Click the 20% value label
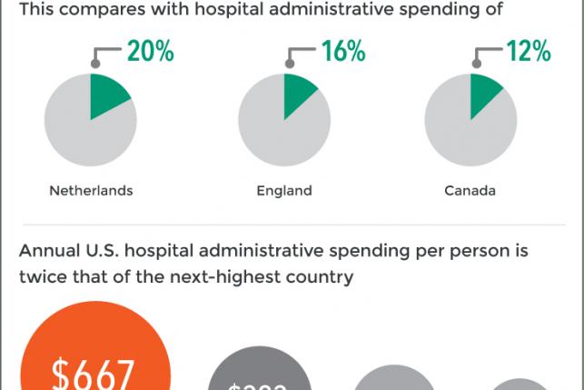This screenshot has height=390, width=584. click(150, 52)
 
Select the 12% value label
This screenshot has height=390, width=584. click(529, 52)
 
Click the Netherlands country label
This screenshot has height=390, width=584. click(91, 191)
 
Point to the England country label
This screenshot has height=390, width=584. click(284, 191)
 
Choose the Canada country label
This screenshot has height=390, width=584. click(470, 191)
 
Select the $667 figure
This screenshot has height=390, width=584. click(94, 374)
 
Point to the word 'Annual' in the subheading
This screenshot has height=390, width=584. click(48, 250)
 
